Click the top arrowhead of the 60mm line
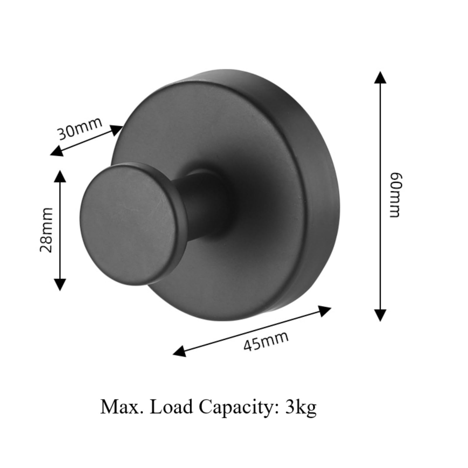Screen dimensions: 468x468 [380, 77]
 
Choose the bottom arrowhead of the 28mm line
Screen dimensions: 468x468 [60, 284]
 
